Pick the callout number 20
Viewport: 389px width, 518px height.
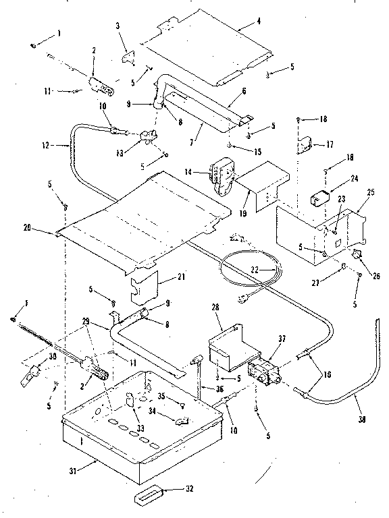[x=45, y=229]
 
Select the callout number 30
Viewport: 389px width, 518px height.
[x=32, y=357]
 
